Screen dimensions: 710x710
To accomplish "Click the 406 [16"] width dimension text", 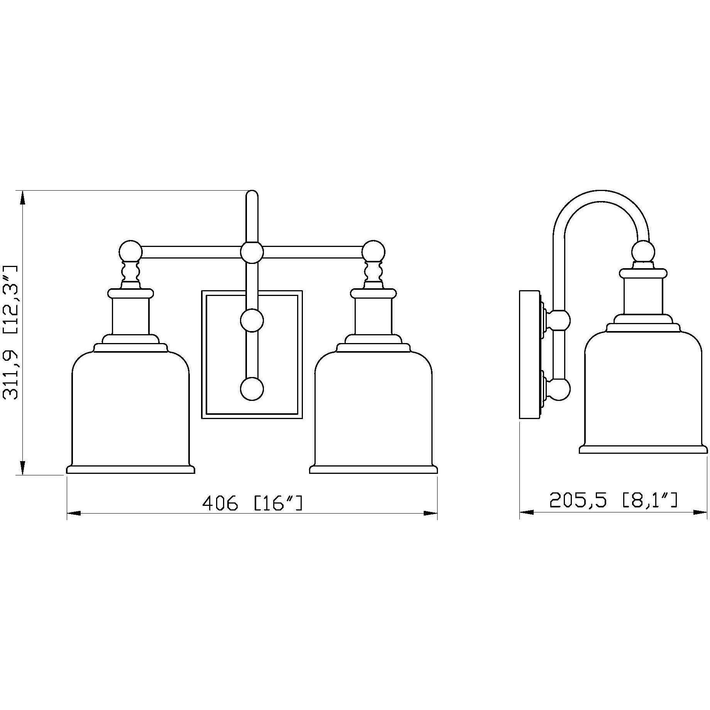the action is [252, 503].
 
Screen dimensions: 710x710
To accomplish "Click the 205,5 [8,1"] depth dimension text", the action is [613, 501].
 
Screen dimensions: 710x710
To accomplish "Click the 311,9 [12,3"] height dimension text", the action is [10, 332].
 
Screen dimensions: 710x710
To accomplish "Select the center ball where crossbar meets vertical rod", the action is [252, 252].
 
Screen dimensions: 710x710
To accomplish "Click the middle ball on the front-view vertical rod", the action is [252, 320].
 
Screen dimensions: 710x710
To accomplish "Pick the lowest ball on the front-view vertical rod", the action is [252, 388].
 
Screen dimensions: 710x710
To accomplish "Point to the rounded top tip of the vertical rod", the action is [252, 193].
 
